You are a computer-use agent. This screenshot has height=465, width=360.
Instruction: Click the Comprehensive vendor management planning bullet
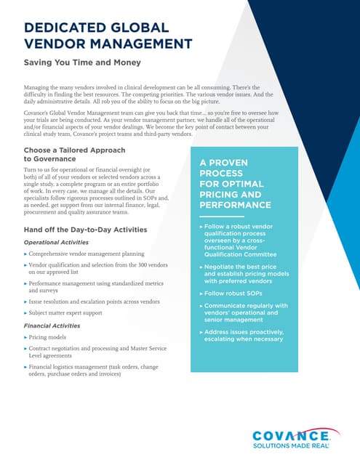[88, 254]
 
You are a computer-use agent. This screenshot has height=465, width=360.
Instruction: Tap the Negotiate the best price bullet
[244, 273]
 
